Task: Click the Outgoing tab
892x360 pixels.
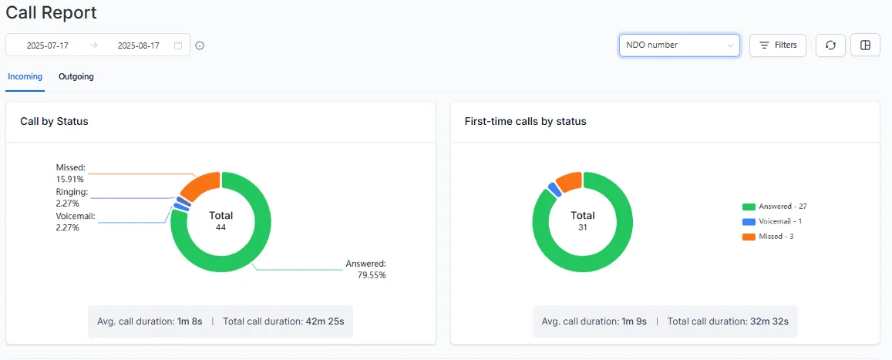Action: click(76, 76)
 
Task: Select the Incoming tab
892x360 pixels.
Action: click(25, 76)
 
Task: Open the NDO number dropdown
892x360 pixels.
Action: click(678, 45)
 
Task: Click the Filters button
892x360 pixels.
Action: click(778, 45)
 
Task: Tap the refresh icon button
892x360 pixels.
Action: click(830, 45)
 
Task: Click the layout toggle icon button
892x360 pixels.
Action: click(865, 45)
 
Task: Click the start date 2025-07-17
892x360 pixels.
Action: click(48, 45)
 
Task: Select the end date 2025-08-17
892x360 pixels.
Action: click(138, 45)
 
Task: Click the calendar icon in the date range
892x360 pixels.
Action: click(178, 45)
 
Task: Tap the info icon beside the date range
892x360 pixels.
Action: click(200, 45)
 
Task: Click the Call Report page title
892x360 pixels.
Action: click(52, 13)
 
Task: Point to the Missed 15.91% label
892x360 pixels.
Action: click(71, 173)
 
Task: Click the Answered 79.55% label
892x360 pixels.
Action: click(366, 269)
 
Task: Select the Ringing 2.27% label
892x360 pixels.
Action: click(72, 197)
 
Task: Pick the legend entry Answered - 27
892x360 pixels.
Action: click(775, 207)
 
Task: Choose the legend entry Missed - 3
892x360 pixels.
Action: click(768, 236)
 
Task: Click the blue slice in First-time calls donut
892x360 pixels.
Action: click(553, 190)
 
